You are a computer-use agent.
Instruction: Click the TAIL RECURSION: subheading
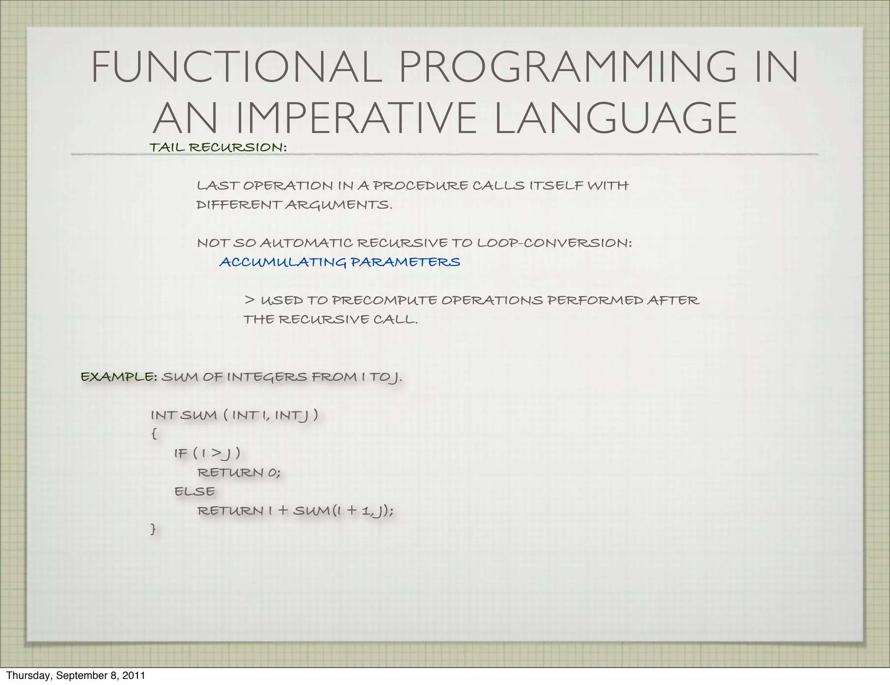218,147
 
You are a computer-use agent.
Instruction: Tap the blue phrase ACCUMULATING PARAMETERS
339,262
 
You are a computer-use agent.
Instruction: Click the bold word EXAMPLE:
119,376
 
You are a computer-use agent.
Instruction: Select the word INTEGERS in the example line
267,376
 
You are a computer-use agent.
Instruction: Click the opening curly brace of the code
153,434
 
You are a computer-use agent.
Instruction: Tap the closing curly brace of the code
153,529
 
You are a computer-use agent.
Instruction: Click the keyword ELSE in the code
194,491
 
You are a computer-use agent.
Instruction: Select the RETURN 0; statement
239,472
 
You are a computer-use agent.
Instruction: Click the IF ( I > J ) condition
207,453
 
